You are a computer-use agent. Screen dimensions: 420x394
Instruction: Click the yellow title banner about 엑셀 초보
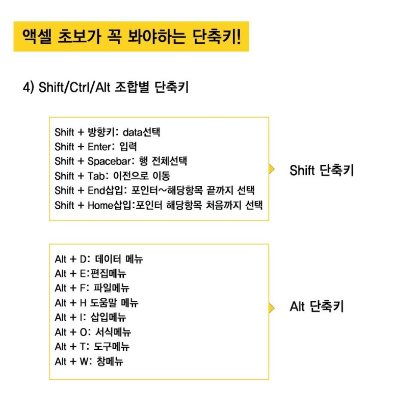coord(131,37)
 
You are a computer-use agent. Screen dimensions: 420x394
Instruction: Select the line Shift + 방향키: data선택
coord(108,132)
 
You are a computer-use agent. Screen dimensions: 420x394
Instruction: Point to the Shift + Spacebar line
coord(121,162)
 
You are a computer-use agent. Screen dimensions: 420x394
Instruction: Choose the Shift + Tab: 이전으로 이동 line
coord(113,176)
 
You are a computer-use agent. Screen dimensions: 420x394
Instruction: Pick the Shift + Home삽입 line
coord(159,206)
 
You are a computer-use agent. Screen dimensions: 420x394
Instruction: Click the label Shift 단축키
coord(321,170)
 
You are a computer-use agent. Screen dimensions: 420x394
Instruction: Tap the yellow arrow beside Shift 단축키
coord(272,170)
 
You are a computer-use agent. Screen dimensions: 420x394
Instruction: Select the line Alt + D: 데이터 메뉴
coord(99,259)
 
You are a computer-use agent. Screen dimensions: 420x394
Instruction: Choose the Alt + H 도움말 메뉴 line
coord(97,303)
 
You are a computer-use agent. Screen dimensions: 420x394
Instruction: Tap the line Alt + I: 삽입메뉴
coord(91,318)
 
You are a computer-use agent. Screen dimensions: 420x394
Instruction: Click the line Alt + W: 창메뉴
coord(89,362)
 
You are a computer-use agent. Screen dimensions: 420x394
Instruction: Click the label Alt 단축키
coord(317,307)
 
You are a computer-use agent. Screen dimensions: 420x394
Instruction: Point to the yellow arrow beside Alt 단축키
coord(272,307)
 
